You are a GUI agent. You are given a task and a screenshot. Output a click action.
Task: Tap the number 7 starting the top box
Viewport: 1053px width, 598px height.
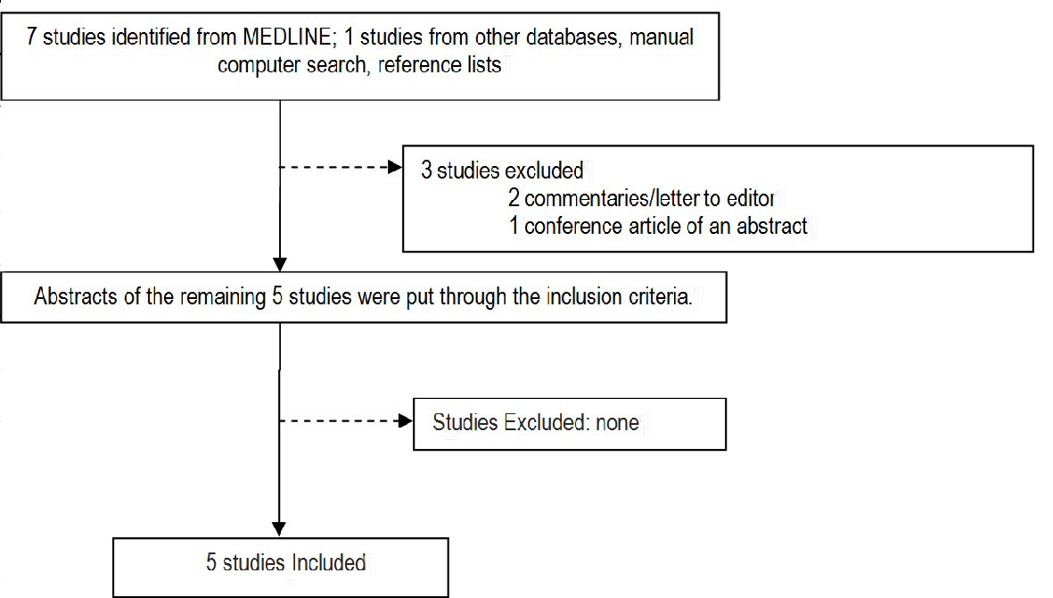pyautogui.click(x=32, y=39)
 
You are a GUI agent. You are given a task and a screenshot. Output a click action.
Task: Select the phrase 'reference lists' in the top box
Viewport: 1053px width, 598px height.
pyautogui.click(x=440, y=66)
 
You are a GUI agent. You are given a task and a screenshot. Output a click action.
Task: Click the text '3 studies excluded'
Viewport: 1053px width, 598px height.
pyautogui.click(x=502, y=170)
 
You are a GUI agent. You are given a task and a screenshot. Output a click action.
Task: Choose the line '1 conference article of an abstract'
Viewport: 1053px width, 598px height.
pyautogui.click(x=658, y=226)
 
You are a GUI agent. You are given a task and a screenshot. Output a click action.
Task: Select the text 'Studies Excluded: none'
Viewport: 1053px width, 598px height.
pyautogui.click(x=536, y=422)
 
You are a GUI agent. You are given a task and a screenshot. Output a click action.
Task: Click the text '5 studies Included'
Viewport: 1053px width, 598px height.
pyautogui.click(x=285, y=563)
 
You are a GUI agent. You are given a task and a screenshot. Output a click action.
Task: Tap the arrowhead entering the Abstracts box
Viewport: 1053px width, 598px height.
pyautogui.click(x=280, y=265)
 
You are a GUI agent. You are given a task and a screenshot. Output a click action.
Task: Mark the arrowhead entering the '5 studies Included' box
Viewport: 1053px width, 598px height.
pyautogui.click(x=280, y=528)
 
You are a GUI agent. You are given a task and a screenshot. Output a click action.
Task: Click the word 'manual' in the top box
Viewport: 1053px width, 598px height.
pyautogui.click(x=662, y=39)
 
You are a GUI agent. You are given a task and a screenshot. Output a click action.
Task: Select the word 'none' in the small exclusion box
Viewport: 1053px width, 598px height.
pyautogui.click(x=617, y=422)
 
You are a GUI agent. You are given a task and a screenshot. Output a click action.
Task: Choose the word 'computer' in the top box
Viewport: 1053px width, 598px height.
pyautogui.click(x=259, y=66)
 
